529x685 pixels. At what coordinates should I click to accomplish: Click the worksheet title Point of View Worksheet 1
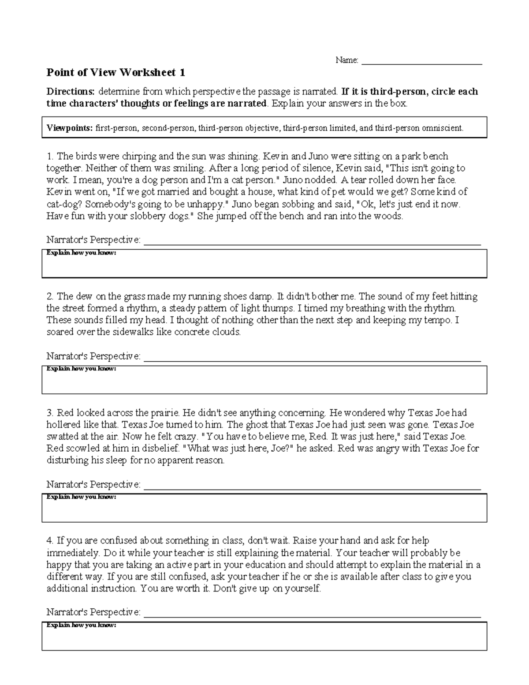pos(116,72)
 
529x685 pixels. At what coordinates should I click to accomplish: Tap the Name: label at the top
pos(347,60)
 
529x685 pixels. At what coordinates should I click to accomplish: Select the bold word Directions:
pos(71,92)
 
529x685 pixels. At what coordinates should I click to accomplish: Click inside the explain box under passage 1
pos(264,267)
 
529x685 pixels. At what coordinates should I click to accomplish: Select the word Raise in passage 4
pos(305,541)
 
